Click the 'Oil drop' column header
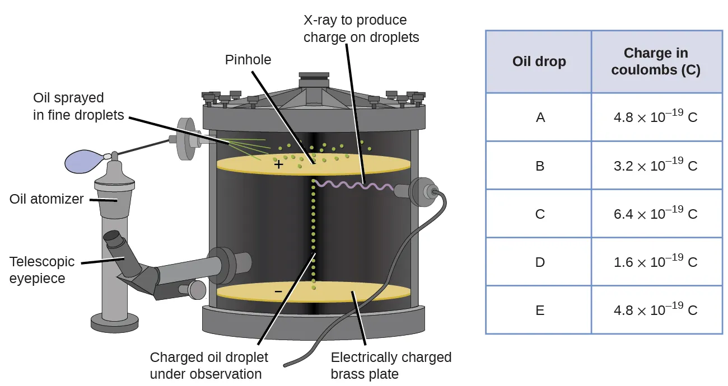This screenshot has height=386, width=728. pos(539,62)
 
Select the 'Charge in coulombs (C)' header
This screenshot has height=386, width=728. pos(656,62)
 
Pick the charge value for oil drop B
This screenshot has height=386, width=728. pos(656,166)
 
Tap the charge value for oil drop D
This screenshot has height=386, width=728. pos(656,262)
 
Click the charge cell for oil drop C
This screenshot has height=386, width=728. pos(656,214)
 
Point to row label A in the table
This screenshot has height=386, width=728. pos(540,117)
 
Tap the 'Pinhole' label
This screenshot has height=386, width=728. pos(248,60)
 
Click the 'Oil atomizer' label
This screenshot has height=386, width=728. pos(46,199)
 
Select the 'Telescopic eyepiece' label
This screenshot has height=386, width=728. pos(41,270)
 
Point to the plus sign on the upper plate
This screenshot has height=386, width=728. pos(278,165)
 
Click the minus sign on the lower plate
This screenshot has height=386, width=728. pos(278,291)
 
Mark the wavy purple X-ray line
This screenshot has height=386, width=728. pos(353,185)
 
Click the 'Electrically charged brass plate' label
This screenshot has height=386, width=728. pos(391,365)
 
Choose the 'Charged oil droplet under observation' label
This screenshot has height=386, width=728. pos(209,365)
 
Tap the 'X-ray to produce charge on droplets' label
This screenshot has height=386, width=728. pos(361,29)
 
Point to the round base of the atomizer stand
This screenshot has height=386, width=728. pos(115,322)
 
